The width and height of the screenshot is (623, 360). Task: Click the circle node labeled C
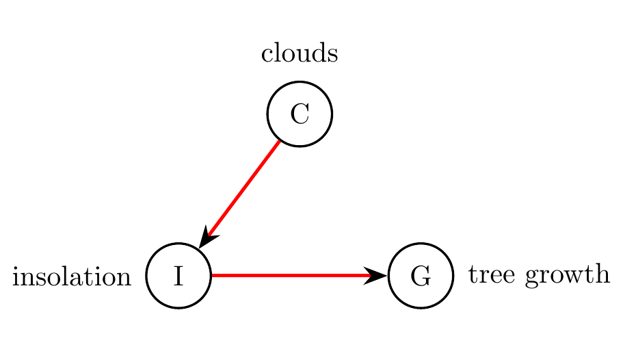[300, 114]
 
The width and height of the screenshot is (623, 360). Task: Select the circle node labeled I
[179, 276]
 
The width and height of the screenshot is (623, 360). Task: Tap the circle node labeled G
[421, 276]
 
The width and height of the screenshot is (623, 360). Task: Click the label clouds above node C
[300, 54]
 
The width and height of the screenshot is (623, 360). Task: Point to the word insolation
[72, 277]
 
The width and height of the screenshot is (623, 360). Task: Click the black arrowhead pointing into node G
[377, 276]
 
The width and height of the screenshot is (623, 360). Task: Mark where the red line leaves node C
[280, 140]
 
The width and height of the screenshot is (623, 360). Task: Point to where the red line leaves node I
[213, 276]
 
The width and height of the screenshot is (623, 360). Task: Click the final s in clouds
[334, 55]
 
